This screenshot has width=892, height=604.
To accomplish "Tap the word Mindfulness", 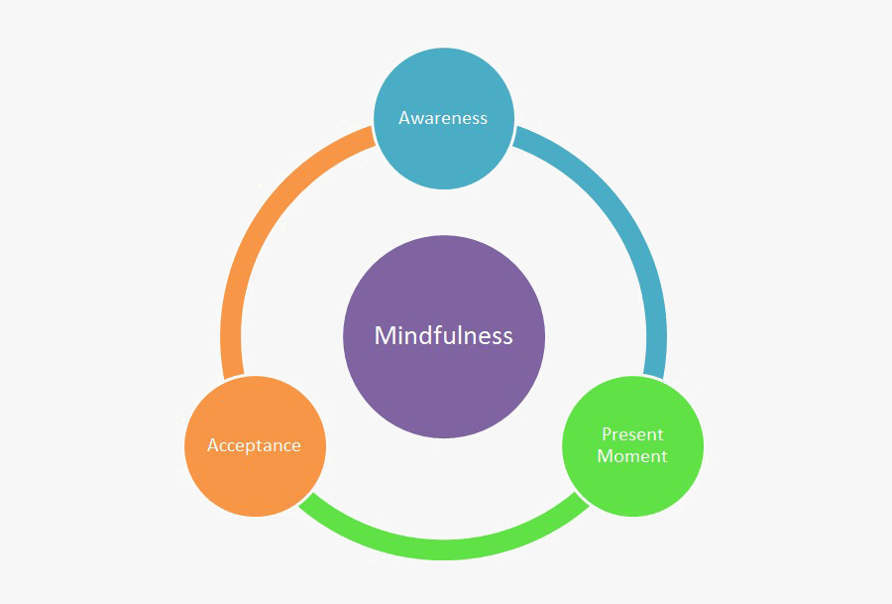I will [x=443, y=336].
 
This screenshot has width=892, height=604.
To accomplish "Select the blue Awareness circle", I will [x=443, y=149].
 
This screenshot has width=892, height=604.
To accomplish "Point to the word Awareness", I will [x=443, y=118].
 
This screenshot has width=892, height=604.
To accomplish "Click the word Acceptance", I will [x=254, y=445].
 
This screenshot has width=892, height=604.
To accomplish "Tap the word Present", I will [x=632, y=434].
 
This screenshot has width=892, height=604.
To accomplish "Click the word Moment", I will [x=632, y=456].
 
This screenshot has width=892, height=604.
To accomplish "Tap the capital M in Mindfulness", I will [x=385, y=336].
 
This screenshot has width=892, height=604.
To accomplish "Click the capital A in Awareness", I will [x=405, y=118].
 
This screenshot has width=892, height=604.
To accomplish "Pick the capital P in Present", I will [x=607, y=434].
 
